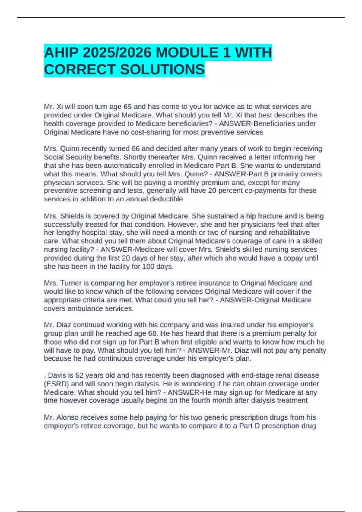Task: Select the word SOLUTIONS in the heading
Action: [162, 70]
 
